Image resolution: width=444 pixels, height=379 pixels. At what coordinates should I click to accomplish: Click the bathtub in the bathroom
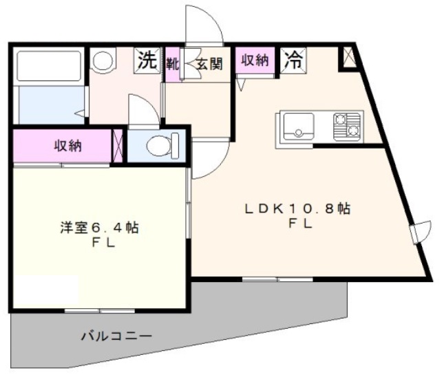coord(49,66)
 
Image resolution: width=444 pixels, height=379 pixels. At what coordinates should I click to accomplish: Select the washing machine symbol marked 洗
coord(147,61)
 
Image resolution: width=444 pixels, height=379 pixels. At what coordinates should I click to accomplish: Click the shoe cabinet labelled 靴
coord(172,65)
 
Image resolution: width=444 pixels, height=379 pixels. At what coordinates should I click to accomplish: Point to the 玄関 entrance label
coord(209,64)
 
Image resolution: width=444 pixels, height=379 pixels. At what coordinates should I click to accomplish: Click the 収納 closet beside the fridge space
coord(255,61)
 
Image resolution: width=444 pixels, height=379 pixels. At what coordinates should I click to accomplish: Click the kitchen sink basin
coord(299,127)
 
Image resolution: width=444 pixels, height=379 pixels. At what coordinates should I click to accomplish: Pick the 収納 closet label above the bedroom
coord(68,147)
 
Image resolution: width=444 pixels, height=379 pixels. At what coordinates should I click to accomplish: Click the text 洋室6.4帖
coord(99,228)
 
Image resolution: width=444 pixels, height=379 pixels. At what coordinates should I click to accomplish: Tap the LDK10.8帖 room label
coord(297,208)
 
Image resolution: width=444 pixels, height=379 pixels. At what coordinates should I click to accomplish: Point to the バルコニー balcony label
coord(117,336)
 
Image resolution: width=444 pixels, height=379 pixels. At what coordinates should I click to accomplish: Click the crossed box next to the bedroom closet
coord(118,146)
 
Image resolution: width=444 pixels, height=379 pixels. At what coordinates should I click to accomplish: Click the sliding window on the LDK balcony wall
coord(277,279)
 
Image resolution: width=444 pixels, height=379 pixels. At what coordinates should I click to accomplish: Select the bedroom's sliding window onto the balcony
coord(100,311)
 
